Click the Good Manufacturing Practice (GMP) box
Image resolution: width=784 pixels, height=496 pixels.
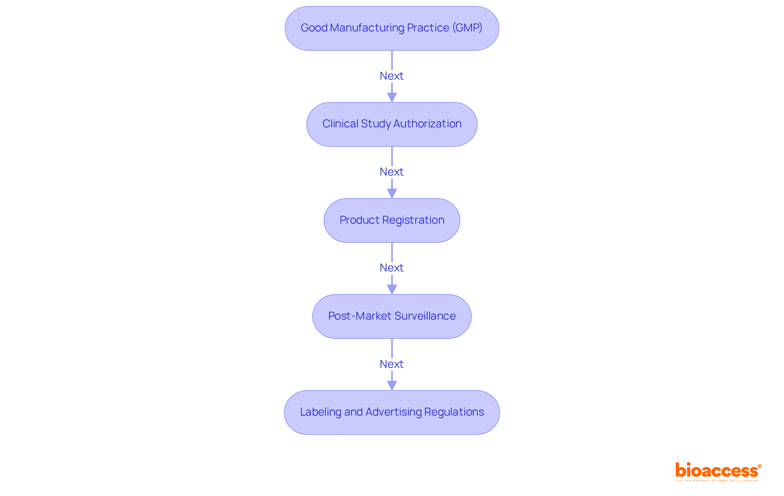coord(392,28)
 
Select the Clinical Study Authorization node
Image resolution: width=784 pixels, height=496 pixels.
coord(392,124)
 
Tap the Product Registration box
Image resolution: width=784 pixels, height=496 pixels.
coord(392,220)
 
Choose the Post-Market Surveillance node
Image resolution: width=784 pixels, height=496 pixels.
coord(392,316)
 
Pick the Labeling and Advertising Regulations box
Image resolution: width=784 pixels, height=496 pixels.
coord(392,412)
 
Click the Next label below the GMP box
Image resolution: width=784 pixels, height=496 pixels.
coord(391,76)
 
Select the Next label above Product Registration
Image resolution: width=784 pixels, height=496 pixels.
coord(391,172)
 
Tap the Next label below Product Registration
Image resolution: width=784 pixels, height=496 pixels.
coord(391,268)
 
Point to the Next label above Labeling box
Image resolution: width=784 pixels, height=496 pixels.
coord(391,364)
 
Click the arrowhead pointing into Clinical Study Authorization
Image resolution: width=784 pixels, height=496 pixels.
coord(392,97)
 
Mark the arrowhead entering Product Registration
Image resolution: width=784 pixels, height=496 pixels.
coord(392,193)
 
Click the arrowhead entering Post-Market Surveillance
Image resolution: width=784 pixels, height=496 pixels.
coord(392,289)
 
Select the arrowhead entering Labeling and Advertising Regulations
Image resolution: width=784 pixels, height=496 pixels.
coord(392,385)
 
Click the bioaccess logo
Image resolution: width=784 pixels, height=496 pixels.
coord(718,471)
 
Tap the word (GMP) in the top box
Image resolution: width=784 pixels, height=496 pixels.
coord(467,28)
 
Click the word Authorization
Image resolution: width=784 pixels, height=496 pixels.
coord(427,124)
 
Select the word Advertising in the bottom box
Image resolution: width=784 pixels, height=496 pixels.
coord(393,412)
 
